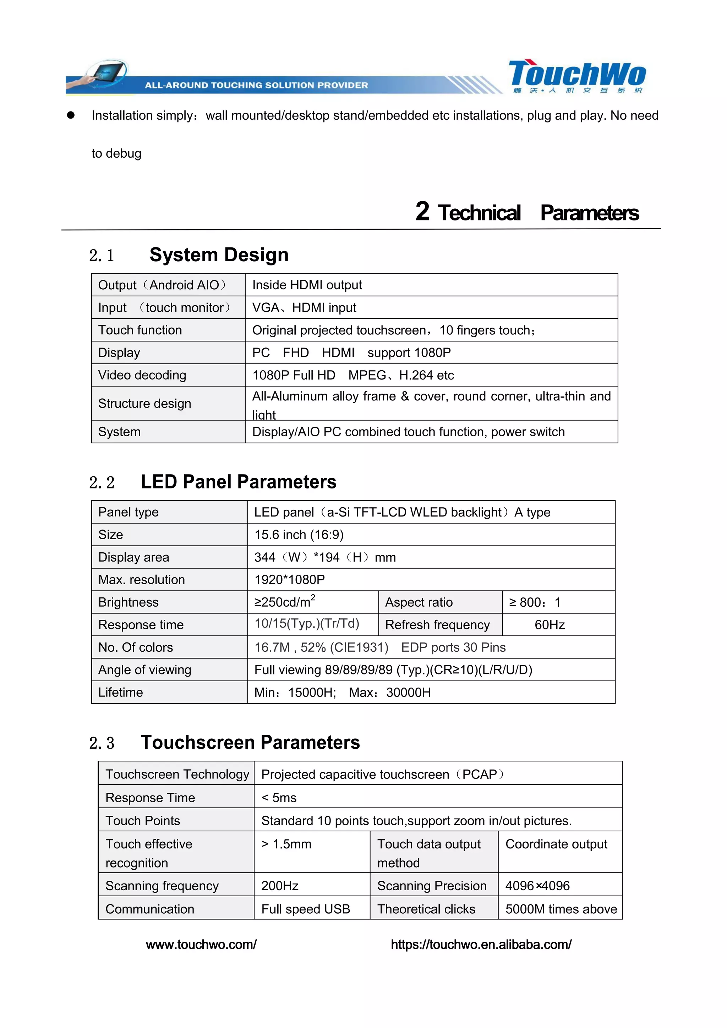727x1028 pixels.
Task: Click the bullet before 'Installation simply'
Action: pyautogui.click(x=71, y=115)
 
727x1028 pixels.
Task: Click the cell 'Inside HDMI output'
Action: pyautogui.click(x=307, y=285)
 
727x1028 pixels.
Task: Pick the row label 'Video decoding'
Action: pyautogui.click(x=142, y=375)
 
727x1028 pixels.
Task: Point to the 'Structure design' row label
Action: pyautogui.click(x=144, y=403)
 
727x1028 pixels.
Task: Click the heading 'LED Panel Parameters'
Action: pyautogui.click(x=238, y=482)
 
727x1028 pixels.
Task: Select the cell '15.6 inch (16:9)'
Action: pyautogui.click(x=299, y=535)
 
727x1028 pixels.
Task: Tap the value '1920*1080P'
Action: pyautogui.click(x=289, y=580)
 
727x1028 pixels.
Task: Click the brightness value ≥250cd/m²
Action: pyautogui.click(x=285, y=602)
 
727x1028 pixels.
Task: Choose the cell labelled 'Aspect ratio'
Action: pyautogui.click(x=419, y=602)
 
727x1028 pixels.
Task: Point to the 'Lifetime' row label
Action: pyautogui.click(x=120, y=692)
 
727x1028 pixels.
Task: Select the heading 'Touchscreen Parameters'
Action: pyautogui.click(x=250, y=742)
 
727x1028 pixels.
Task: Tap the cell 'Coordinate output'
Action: pyautogui.click(x=556, y=844)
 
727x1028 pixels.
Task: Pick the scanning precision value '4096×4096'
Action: pyautogui.click(x=537, y=886)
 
